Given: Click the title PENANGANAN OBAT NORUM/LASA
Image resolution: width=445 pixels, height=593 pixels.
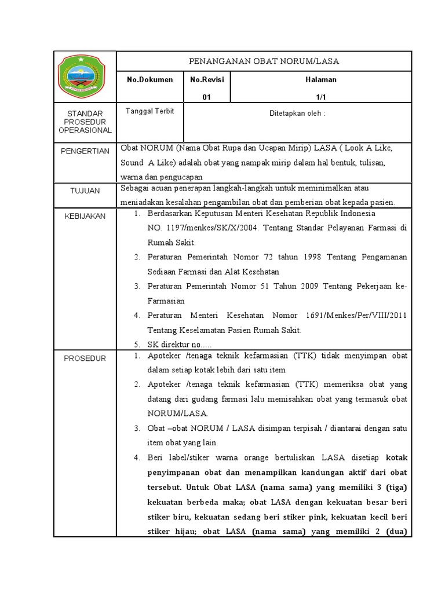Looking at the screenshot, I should pyautogui.click(x=264, y=60).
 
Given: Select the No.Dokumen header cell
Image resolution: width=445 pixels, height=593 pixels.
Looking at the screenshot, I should pyautogui.click(x=149, y=79).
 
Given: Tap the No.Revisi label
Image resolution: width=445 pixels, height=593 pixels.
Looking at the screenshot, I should pyautogui.click(x=206, y=79).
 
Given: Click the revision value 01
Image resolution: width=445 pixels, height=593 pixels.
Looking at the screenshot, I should pyautogui.click(x=206, y=97).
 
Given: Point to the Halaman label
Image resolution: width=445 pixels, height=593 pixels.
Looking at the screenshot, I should pyautogui.click(x=322, y=79).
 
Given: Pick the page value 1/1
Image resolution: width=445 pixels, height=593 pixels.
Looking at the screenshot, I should pyautogui.click(x=322, y=97).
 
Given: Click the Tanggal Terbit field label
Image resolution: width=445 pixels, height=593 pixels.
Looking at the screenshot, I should pyautogui.click(x=149, y=111).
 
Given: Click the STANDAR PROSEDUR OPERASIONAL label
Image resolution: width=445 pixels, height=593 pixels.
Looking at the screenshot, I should pyautogui.click(x=85, y=122).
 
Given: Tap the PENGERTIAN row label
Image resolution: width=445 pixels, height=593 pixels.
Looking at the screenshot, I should pyautogui.click(x=85, y=151).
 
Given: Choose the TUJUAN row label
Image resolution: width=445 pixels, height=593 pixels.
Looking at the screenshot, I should pyautogui.click(x=85, y=191).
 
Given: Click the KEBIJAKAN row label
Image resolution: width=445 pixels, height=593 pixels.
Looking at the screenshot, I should pyautogui.click(x=85, y=215).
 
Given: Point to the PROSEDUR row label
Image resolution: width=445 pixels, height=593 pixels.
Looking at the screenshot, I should pyautogui.click(x=85, y=358).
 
